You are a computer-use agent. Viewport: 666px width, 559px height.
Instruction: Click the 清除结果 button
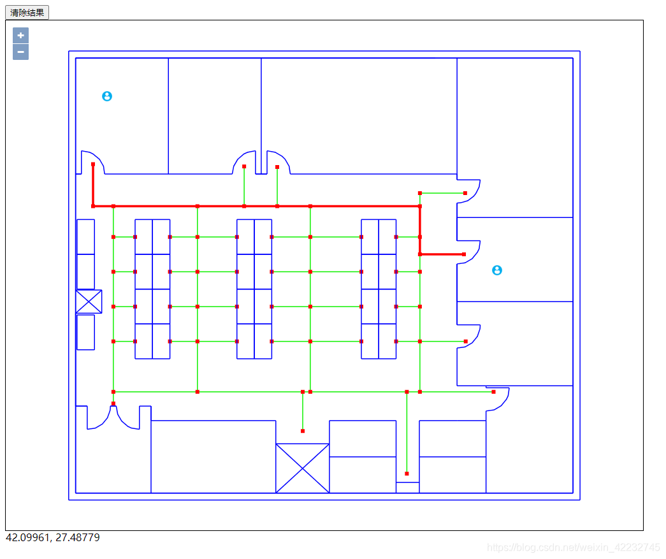point(27,13)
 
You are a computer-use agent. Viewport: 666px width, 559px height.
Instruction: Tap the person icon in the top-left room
point(107,96)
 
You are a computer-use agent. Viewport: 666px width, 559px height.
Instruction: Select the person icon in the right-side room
point(497,270)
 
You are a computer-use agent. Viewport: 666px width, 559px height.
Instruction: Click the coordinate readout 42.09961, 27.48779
point(53,537)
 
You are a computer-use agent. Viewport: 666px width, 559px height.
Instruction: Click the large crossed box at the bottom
point(302,468)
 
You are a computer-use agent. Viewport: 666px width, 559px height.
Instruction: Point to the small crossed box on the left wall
point(89,301)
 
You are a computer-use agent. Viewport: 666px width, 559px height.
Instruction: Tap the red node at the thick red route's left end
point(93,164)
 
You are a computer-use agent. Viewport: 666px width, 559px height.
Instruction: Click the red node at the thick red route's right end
point(464,254)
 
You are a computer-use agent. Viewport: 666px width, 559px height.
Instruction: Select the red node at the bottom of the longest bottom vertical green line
point(407,474)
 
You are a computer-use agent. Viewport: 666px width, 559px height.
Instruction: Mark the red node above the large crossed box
point(303,431)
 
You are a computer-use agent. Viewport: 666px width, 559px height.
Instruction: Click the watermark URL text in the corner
point(573,548)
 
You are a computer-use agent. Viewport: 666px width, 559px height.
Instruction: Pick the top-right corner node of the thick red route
point(420,206)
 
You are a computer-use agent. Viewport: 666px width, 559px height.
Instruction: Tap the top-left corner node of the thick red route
point(93,206)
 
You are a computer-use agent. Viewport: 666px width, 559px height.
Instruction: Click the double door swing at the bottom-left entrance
point(113,418)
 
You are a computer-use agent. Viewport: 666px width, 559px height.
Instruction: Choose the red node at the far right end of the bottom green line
point(493,392)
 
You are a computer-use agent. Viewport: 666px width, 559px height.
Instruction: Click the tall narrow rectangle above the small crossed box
point(85,254)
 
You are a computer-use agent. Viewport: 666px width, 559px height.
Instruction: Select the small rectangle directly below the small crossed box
point(85,332)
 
